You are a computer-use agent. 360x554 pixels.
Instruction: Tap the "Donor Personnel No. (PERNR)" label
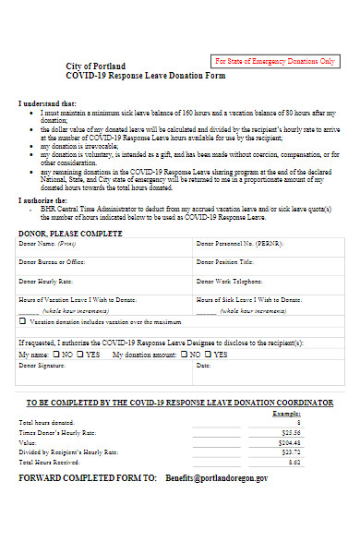point(236,244)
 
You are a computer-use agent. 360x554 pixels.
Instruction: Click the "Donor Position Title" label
point(225,262)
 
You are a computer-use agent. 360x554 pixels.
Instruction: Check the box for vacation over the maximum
point(23,322)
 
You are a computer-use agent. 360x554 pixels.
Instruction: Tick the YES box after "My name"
point(80,354)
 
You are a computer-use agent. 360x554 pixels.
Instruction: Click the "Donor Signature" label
point(42,366)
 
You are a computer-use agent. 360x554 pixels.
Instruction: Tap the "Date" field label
point(203,366)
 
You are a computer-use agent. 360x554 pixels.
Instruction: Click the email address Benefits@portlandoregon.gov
point(217,479)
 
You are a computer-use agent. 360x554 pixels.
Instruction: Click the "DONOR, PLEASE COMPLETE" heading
point(70,234)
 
